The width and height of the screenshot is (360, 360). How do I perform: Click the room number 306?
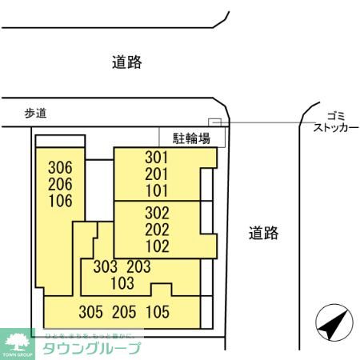coord(60,168)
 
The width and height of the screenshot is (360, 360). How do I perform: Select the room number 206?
coord(60,185)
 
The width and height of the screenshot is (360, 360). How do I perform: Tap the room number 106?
coord(60,201)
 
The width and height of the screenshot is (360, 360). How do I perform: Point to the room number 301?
coord(157,157)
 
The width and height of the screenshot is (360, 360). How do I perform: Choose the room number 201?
coord(157,174)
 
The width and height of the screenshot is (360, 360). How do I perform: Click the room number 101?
coord(157,190)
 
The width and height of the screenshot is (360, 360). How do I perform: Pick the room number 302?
coord(157,214)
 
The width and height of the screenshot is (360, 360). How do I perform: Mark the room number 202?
coord(157,230)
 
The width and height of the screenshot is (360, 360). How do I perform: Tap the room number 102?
coord(157,246)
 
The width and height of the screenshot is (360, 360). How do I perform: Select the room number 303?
coord(106,266)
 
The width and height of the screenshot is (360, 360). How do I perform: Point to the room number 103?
coord(122,282)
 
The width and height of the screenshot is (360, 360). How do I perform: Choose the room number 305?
coord(90,312)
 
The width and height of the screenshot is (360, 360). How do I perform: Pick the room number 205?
coord(124,312)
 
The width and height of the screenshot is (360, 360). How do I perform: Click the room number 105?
coord(158,312)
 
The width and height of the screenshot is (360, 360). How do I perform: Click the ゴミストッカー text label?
coord(330,121)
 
